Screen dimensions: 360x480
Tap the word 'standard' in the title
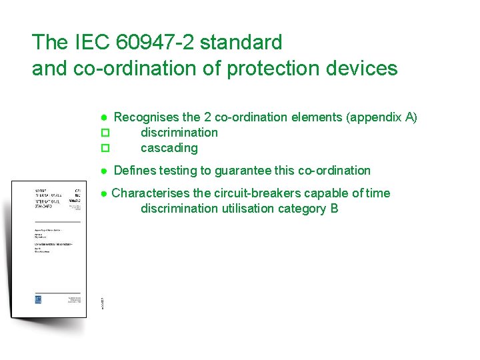[x=241, y=43]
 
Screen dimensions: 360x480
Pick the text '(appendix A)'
[x=381, y=117]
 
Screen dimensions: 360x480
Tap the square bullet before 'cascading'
[x=104, y=148]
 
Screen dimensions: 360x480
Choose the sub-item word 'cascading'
[x=169, y=148]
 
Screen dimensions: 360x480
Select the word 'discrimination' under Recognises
[x=179, y=133]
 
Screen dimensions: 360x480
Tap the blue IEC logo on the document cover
[x=38, y=299]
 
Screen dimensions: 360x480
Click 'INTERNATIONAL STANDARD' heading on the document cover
[x=47, y=202]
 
